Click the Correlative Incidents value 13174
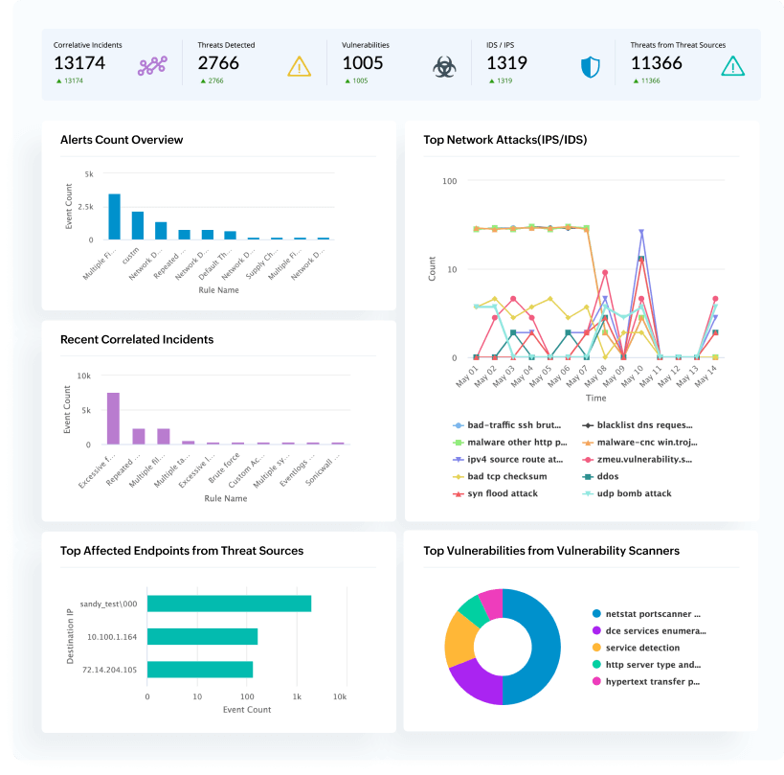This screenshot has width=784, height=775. point(79,64)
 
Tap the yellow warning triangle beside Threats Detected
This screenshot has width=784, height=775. point(300,66)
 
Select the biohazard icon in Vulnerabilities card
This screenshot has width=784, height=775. point(443,66)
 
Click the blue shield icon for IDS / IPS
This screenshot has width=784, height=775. point(591,67)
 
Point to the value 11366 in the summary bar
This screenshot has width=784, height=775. point(657,64)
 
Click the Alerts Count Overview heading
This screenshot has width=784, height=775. point(122,140)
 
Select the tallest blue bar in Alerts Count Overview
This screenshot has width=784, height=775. point(115,217)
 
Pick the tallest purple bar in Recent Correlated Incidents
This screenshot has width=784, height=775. point(113,419)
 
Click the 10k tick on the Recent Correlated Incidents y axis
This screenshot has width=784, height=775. point(83,376)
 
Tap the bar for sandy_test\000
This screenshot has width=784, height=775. point(229,603)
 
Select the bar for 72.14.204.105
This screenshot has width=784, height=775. point(199,670)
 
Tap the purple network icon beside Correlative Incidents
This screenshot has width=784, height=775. point(152,66)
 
